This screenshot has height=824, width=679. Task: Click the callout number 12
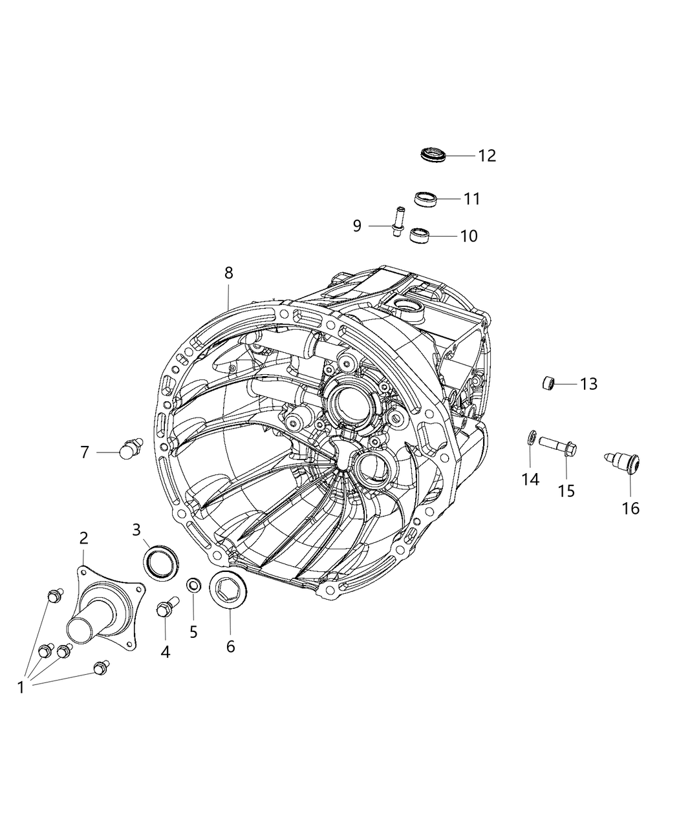[487, 156]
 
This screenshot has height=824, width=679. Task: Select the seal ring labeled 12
[433, 155]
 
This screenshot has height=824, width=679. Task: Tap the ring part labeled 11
[426, 199]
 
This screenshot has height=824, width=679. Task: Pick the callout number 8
[228, 273]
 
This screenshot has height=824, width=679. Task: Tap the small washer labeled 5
[193, 586]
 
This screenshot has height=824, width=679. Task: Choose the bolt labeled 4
[165, 607]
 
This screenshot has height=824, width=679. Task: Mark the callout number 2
[83, 538]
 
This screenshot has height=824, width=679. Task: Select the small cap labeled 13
[549, 383]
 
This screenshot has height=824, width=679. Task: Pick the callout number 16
[630, 509]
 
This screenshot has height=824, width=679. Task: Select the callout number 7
[85, 452]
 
